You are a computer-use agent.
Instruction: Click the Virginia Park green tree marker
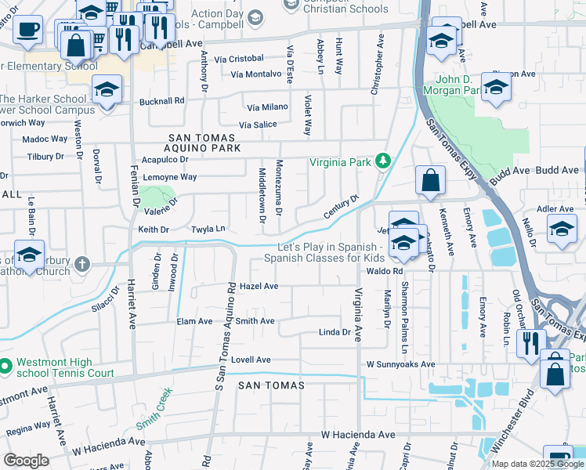(382, 161)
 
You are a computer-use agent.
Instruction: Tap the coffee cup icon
(28, 30)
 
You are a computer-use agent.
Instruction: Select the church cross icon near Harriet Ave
(85, 263)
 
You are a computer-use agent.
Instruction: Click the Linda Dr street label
(335, 332)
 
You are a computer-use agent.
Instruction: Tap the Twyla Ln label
(209, 229)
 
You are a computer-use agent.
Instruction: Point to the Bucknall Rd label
(161, 101)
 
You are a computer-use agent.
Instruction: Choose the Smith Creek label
(154, 412)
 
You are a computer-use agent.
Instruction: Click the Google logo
(27, 461)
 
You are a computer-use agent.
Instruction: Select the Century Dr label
(342, 208)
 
